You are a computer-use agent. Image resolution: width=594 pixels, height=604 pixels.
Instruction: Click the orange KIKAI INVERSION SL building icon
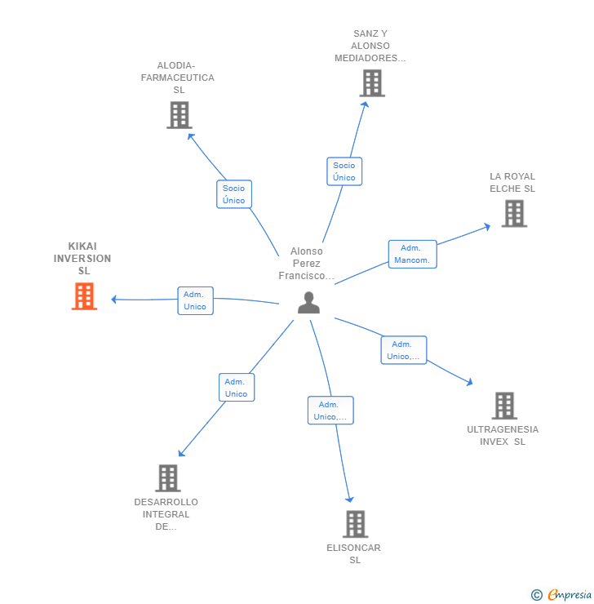tap(84, 296)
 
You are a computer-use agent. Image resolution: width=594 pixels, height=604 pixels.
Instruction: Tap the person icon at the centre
tap(308, 303)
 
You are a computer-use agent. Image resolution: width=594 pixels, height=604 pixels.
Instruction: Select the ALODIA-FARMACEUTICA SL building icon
tap(179, 115)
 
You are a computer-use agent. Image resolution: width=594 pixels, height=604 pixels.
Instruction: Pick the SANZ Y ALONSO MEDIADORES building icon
tap(371, 83)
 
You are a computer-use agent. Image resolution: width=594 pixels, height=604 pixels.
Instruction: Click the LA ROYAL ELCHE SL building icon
tap(513, 213)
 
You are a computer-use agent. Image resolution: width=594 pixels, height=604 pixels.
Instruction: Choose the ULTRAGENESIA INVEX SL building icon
tap(504, 406)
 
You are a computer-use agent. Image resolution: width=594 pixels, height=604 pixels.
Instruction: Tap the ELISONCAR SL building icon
tap(355, 524)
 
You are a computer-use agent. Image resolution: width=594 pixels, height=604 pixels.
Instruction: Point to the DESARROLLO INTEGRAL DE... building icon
tap(167, 478)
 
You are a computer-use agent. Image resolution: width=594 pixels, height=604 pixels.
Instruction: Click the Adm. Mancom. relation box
tap(413, 254)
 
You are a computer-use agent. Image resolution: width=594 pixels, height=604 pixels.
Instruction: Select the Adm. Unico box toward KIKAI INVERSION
tap(195, 300)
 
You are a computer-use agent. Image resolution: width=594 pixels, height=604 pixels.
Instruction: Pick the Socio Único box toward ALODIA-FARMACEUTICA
tap(234, 194)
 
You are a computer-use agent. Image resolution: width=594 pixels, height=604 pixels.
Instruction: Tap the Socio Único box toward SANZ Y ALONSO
tap(344, 171)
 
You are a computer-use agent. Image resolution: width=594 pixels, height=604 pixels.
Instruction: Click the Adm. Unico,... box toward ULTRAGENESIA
tap(404, 350)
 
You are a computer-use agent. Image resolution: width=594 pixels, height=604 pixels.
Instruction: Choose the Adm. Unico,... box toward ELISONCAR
tap(330, 411)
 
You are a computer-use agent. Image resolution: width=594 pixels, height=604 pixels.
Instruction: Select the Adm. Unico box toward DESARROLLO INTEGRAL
tap(237, 388)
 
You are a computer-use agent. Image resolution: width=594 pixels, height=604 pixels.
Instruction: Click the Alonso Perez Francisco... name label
tap(307, 264)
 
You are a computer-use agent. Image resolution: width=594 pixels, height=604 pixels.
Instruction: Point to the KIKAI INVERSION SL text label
tap(83, 259)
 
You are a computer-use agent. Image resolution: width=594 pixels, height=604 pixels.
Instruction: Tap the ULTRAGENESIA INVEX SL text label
tap(503, 436)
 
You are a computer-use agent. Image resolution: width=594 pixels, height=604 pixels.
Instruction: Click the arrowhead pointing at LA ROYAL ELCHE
tap(487, 226)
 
